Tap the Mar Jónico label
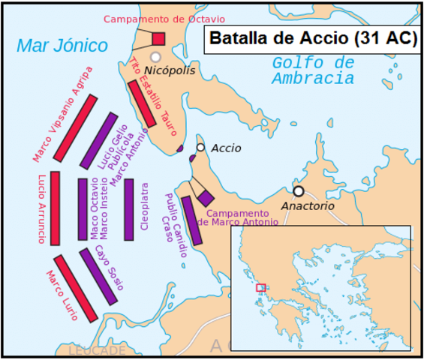pyautogui.click(x=62, y=46)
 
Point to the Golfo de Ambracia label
pyautogui.click(x=313, y=70)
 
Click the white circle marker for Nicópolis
pyautogui.click(x=155, y=57)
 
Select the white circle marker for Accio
pyautogui.click(x=200, y=148)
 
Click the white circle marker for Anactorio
pyautogui.click(x=298, y=191)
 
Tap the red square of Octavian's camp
pyautogui.click(x=158, y=39)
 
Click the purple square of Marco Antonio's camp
pyautogui.click(x=206, y=196)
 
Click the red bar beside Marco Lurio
pyautogui.click(x=76, y=288)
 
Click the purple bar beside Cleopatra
pyautogui.click(x=129, y=209)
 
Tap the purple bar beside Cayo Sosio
pyautogui.click(x=100, y=277)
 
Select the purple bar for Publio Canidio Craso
pyautogui.click(x=191, y=220)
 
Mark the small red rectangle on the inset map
pyautogui.click(x=260, y=287)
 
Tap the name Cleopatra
pyautogui.click(x=144, y=209)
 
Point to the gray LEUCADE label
pyautogui.click(x=98, y=350)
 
